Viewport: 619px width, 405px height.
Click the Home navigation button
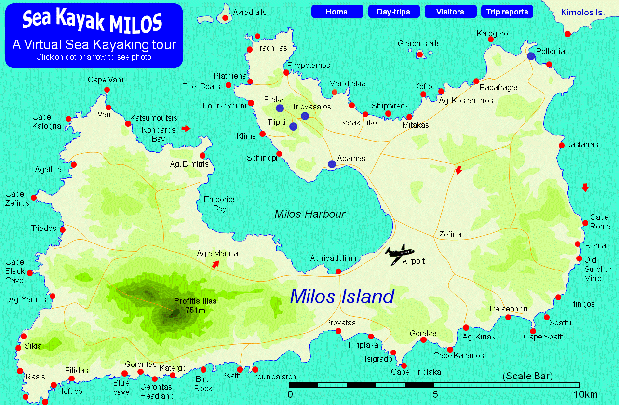tap(337, 12)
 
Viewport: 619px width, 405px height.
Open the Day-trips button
tap(394, 12)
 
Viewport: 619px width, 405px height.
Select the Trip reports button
tap(507, 12)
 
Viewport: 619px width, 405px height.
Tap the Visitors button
tap(450, 12)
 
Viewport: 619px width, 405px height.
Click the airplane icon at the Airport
tap(399, 253)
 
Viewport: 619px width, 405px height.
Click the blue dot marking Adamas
tap(332, 164)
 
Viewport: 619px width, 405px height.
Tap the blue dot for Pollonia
tap(531, 56)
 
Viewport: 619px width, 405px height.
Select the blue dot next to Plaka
tap(280, 108)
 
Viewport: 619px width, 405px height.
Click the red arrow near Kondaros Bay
tap(186, 128)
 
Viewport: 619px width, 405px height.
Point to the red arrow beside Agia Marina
tap(215, 264)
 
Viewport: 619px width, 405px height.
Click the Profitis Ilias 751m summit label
tap(195, 305)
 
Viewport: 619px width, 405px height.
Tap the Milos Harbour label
tap(309, 214)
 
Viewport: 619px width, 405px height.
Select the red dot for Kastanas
tap(562, 145)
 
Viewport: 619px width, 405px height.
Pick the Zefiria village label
tap(450, 235)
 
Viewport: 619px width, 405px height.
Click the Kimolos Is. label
tap(582, 12)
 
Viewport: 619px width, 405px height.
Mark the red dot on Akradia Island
tap(225, 18)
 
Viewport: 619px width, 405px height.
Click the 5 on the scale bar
tap(435, 394)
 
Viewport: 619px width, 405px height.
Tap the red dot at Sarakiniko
tap(365, 114)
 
